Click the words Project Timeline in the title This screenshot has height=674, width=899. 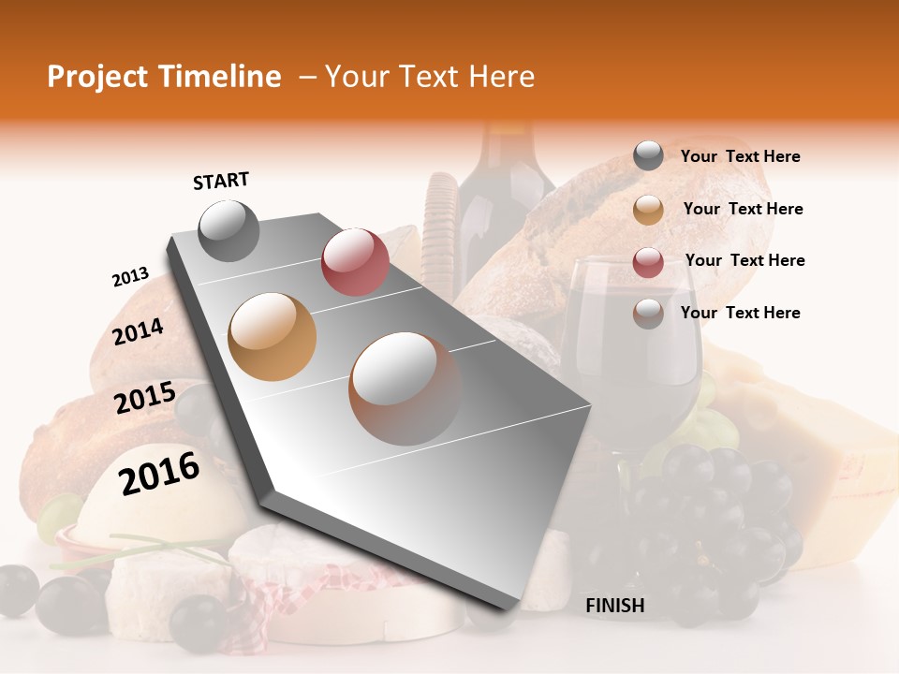[x=164, y=77]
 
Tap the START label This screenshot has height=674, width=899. [x=221, y=181]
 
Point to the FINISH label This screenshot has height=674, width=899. [x=614, y=606]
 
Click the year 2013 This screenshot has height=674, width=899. [x=130, y=277]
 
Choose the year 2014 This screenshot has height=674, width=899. [x=138, y=331]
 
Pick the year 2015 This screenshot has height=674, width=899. [x=144, y=398]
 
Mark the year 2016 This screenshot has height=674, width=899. [x=159, y=473]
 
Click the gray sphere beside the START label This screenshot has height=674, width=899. [x=228, y=230]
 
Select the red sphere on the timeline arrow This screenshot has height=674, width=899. [x=355, y=262]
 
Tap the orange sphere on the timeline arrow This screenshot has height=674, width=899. [x=273, y=337]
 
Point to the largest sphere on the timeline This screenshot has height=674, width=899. [x=405, y=388]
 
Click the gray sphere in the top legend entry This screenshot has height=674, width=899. [x=648, y=155]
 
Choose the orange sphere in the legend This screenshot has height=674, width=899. [x=648, y=209]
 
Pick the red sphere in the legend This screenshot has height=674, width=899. [x=648, y=261]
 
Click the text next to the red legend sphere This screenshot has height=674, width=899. [x=744, y=260]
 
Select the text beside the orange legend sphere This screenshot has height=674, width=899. [x=743, y=209]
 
